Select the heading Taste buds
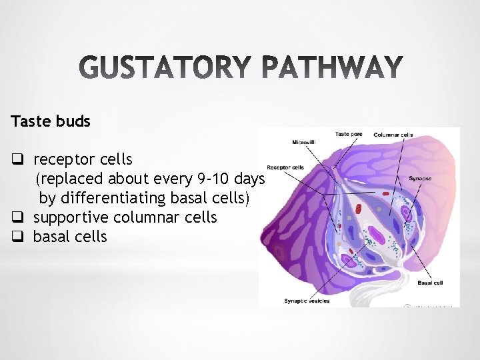tap(51, 122)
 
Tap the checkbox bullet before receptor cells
tap(17, 160)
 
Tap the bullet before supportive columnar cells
tap(17, 218)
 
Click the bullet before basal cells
tap(17, 237)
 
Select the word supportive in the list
tap(72, 218)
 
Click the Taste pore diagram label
tap(349, 134)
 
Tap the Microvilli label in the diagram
tap(305, 142)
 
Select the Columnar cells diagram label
tap(393, 135)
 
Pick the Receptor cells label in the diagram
tap(285, 167)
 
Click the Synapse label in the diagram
tap(420, 179)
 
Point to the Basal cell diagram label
tap(429, 283)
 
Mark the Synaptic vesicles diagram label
tap(307, 301)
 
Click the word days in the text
tap(247, 179)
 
